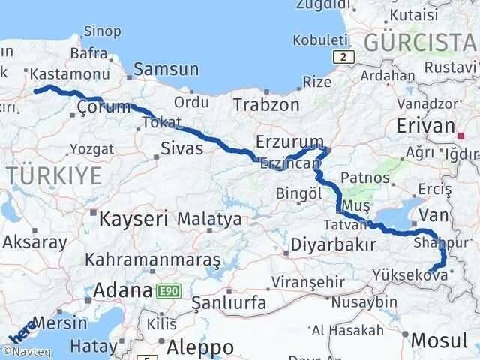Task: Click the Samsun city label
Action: pyautogui.click(x=166, y=70)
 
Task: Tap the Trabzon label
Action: pyautogui.click(x=265, y=104)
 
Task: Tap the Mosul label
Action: pyautogui.click(x=439, y=340)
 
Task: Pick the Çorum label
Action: pyautogui.click(x=103, y=109)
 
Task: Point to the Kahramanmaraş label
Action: pyautogui.click(x=153, y=259)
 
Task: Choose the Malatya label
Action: pyautogui.click(x=209, y=220)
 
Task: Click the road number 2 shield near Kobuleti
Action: pyautogui.click(x=343, y=57)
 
